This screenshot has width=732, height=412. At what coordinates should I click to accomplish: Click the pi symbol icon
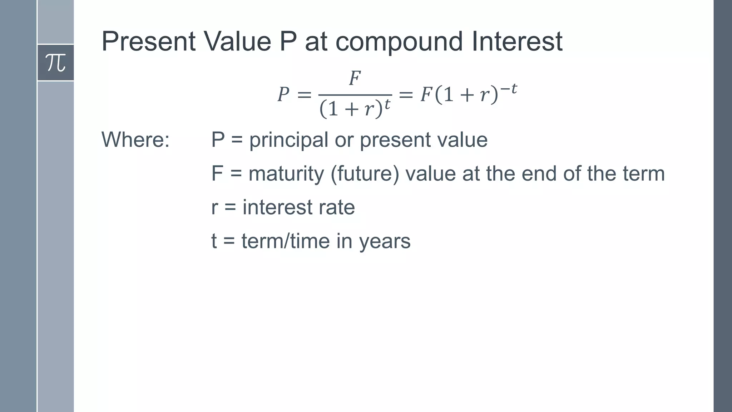coord(55,63)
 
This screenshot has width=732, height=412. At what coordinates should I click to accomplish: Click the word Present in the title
coord(148,41)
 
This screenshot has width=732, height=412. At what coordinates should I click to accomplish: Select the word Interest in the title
coord(517,41)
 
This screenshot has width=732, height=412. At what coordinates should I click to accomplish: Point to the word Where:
coord(135,139)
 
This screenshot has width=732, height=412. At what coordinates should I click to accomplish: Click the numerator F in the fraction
coord(355,78)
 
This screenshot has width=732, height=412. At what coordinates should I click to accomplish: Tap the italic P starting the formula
coord(283,95)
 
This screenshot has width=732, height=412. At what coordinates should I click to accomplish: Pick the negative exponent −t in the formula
coord(508,89)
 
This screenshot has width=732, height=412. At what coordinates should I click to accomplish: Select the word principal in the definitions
coord(288,140)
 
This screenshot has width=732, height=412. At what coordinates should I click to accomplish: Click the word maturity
coord(286,174)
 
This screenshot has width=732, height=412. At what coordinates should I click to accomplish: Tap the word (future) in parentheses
coord(365,174)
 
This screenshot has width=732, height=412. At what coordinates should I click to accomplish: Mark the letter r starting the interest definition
coord(214,208)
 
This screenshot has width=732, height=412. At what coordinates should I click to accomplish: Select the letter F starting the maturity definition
coord(217,174)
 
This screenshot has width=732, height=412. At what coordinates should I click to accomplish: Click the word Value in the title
coord(237,41)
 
